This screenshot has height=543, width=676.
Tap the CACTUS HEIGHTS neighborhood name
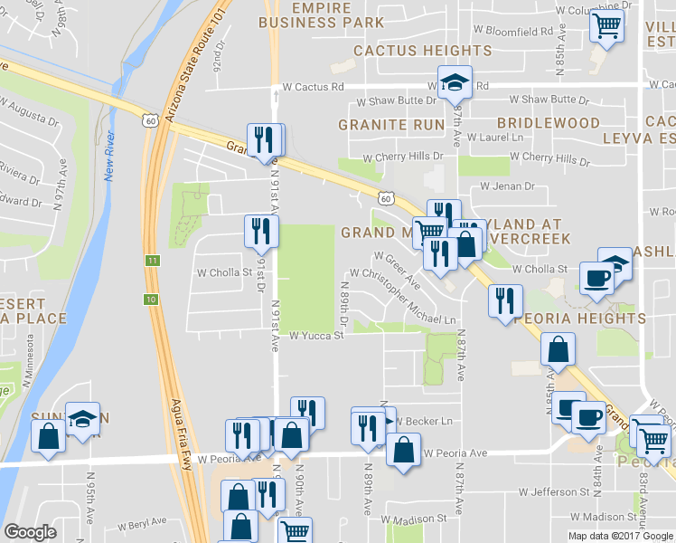tap(409, 51)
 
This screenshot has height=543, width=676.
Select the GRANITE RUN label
tap(391, 124)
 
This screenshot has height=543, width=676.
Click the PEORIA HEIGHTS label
tap(580, 319)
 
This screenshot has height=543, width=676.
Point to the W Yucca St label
tap(317, 336)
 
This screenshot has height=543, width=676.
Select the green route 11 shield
tap(153, 261)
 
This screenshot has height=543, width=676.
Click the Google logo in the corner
tap(30, 532)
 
